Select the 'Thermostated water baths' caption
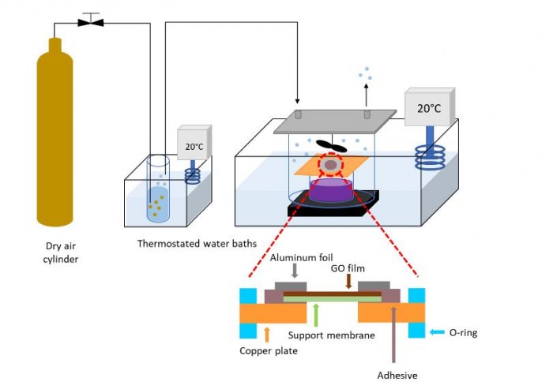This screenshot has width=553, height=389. [x=197, y=243]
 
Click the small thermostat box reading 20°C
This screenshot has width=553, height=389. [x=194, y=146]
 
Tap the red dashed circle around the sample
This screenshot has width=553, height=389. [x=329, y=164]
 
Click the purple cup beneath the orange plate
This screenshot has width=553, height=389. [x=329, y=189]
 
